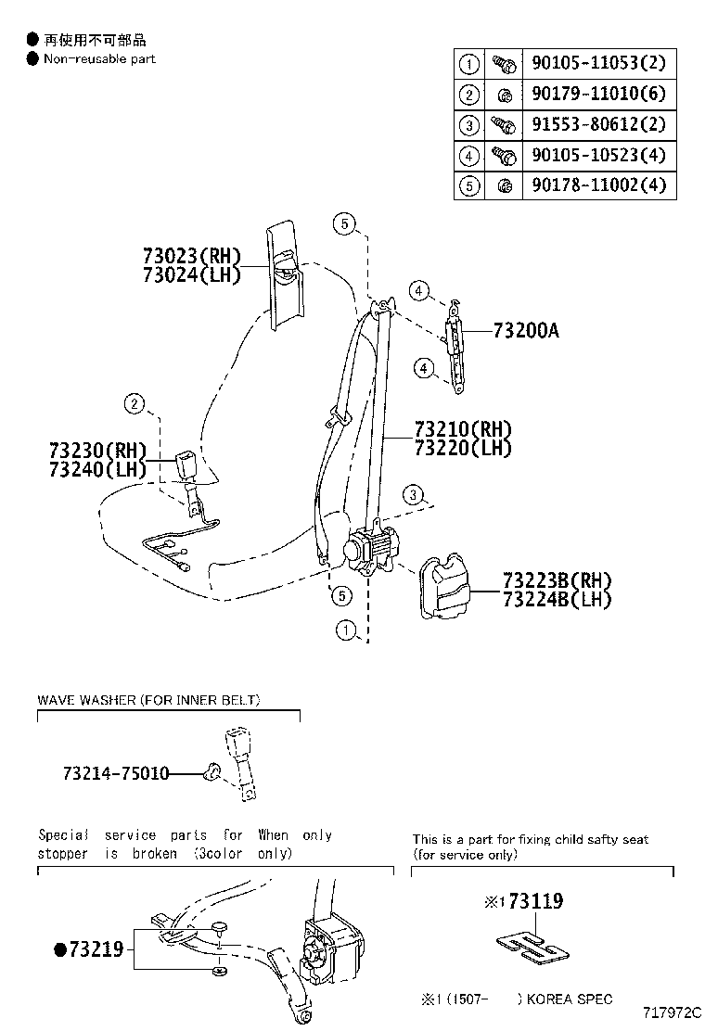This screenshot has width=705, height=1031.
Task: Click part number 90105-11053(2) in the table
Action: point(598,64)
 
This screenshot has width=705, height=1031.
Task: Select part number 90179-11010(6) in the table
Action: point(598,95)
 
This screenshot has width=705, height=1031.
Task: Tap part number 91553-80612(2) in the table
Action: point(598,125)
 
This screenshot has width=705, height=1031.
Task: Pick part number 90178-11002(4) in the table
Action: point(598,185)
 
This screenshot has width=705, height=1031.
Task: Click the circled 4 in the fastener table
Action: point(469,156)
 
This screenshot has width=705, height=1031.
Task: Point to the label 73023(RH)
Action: point(192,256)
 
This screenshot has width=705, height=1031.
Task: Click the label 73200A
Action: point(526,331)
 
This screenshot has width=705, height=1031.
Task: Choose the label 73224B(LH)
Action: point(558,600)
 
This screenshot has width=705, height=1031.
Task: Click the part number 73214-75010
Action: point(116,772)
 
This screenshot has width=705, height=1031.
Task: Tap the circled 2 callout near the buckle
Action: point(135,403)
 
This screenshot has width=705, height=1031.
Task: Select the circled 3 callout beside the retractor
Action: point(414,493)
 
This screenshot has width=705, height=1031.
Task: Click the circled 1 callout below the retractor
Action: point(346,632)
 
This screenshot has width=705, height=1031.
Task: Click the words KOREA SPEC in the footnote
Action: point(569,999)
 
